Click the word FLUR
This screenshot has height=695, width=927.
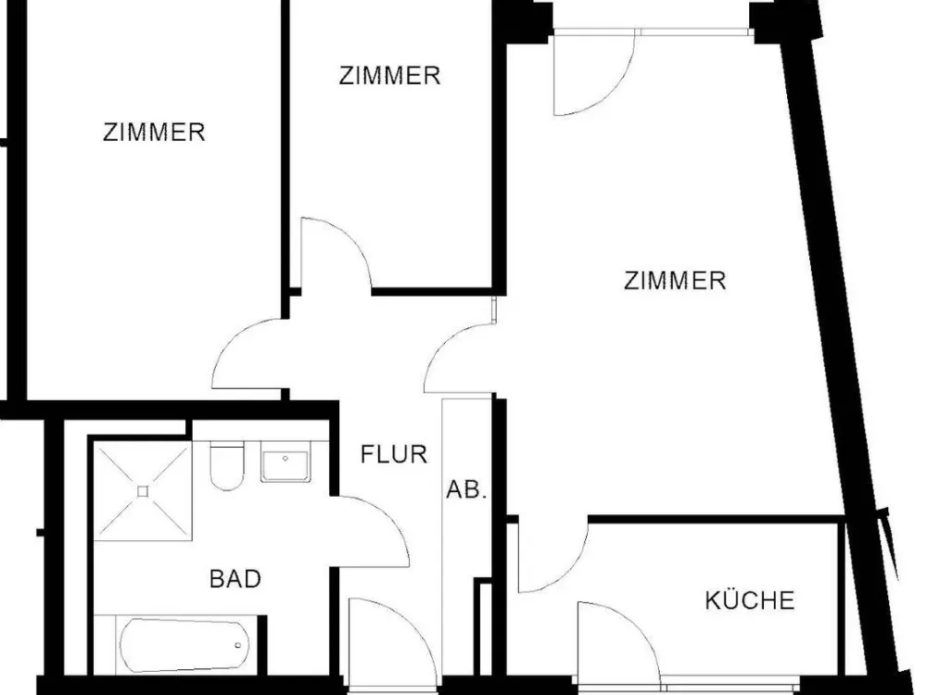click(394, 454)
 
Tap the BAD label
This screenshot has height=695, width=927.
click(235, 578)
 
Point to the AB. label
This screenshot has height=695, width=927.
click(466, 489)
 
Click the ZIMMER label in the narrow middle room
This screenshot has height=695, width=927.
click(389, 76)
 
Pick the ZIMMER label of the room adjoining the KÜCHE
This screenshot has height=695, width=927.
click(675, 280)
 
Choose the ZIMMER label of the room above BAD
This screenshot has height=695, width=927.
click(154, 132)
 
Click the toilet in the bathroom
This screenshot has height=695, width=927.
click(227, 466)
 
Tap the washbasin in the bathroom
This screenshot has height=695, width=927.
click(285, 462)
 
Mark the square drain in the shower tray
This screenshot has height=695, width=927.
click(143, 491)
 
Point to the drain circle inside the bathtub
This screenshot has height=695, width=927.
click(238, 645)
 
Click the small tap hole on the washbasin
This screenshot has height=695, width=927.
click(286, 458)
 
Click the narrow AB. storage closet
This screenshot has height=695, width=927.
click(467, 537)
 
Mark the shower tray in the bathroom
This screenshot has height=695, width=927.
click(143, 491)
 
